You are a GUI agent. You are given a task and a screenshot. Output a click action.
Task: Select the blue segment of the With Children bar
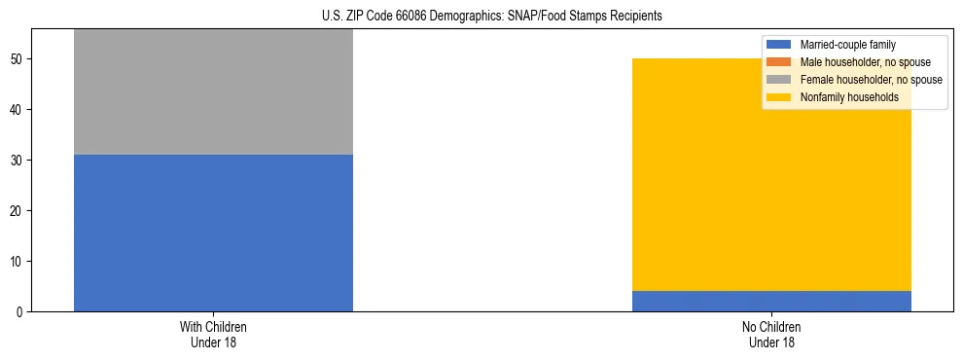tap(213, 233)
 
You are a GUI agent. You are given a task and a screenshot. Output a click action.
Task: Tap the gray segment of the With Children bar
tap(213, 92)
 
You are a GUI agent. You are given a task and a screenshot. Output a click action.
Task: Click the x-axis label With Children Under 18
tap(213, 334)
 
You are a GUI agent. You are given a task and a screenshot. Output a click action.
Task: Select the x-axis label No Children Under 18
tap(770, 334)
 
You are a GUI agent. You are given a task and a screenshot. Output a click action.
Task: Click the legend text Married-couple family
tap(848, 45)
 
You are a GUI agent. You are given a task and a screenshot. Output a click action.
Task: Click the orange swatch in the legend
tap(779, 62)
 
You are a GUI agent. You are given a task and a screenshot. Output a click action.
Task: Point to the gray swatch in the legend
tap(779, 80)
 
